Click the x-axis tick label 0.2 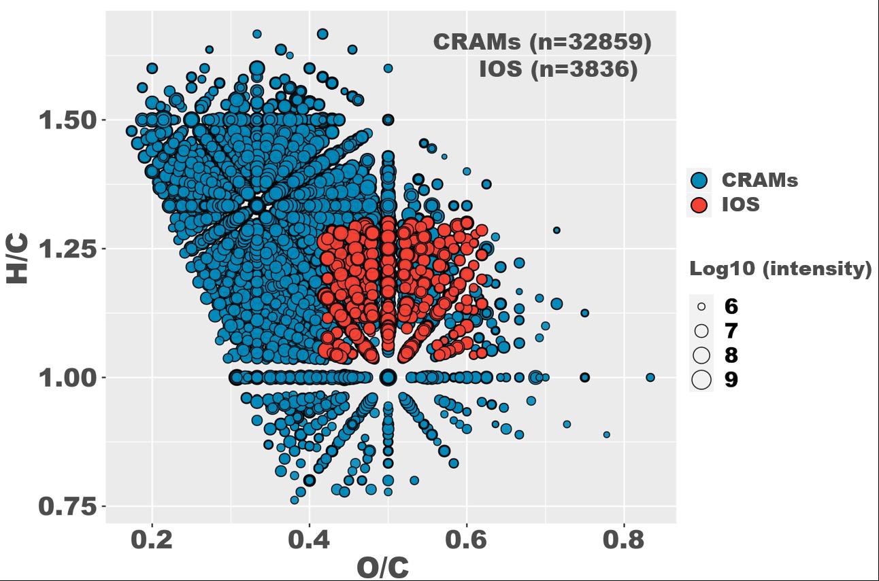click(x=152, y=540)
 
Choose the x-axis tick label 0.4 click(x=309, y=540)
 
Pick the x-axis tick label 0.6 click(x=466, y=540)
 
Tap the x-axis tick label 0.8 click(x=623, y=540)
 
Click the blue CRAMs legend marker click(x=699, y=180)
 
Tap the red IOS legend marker click(x=699, y=205)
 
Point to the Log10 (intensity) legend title click(x=780, y=269)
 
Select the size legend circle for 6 click(x=701, y=306)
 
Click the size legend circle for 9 click(x=701, y=380)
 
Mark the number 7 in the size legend click(x=731, y=331)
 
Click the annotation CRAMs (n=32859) click(x=542, y=42)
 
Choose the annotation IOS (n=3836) click(x=558, y=69)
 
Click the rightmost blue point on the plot click(x=650, y=377)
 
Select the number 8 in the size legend click(x=731, y=355)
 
